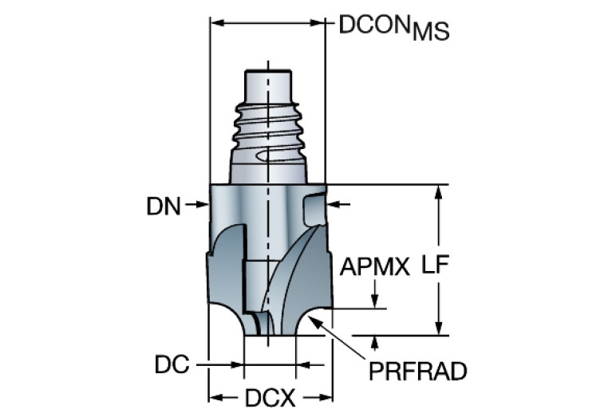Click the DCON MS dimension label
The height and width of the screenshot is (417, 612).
click(x=393, y=27)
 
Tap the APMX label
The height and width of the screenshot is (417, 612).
click(x=374, y=266)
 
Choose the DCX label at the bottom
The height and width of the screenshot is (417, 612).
click(x=270, y=396)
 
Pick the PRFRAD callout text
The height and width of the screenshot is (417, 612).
click(x=417, y=371)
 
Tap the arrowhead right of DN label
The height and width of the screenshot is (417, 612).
click(x=203, y=207)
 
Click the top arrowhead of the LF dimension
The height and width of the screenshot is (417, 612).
click(x=437, y=191)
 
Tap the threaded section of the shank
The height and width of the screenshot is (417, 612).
click(x=268, y=128)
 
